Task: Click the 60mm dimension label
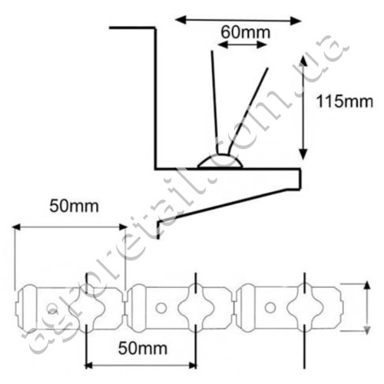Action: [x=246, y=32]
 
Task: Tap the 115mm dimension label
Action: [x=345, y=101]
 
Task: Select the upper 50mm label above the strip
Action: [x=74, y=207]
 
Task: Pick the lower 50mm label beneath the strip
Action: [x=143, y=349]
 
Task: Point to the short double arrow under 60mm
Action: [x=243, y=45]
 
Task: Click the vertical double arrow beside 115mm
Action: [x=303, y=108]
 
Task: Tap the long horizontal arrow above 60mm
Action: [x=238, y=20]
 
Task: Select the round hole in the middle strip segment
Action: [x=161, y=308]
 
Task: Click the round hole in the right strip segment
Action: [x=270, y=307]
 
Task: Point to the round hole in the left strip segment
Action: [x=52, y=310]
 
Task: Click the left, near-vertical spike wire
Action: [x=214, y=102]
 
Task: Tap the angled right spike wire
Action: [x=248, y=111]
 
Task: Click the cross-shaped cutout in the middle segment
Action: [x=196, y=308]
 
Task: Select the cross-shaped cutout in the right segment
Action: [x=305, y=308]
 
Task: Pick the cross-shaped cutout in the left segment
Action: [x=88, y=308]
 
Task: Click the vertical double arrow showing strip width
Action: [x=367, y=307]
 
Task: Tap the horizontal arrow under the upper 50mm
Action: [x=70, y=227]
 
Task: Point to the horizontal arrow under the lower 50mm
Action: [x=141, y=366]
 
